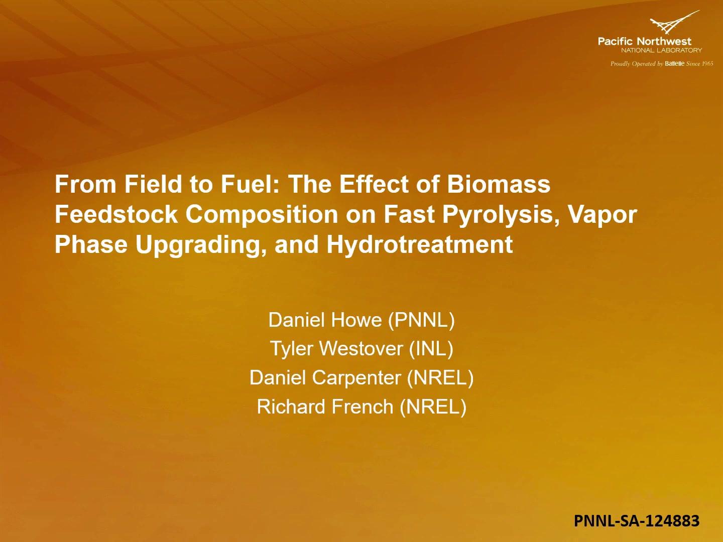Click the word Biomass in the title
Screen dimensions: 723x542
pyautogui.click(x=499, y=184)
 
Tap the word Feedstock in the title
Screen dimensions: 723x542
pyautogui.click(x=116, y=214)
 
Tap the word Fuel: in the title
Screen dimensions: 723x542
pyautogui.click(x=250, y=184)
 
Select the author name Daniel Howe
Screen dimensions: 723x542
pyautogui.click(x=325, y=320)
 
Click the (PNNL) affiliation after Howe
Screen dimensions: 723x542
pyautogui.click(x=422, y=320)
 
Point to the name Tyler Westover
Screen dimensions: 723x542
pyautogui.click(x=336, y=349)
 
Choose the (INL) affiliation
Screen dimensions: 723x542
pyautogui.click(x=431, y=349)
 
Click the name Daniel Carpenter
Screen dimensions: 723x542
pyautogui.click(x=325, y=378)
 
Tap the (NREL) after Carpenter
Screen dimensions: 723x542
pyautogui.click(x=440, y=378)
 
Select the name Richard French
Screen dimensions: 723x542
pyautogui.click(x=325, y=406)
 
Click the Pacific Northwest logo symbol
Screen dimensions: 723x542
pyautogui.click(x=674, y=22)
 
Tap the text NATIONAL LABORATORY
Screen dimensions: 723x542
pyautogui.click(x=661, y=50)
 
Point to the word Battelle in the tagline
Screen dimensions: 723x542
pyautogui.click(x=675, y=64)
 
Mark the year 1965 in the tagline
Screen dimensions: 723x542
pyautogui.click(x=707, y=64)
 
